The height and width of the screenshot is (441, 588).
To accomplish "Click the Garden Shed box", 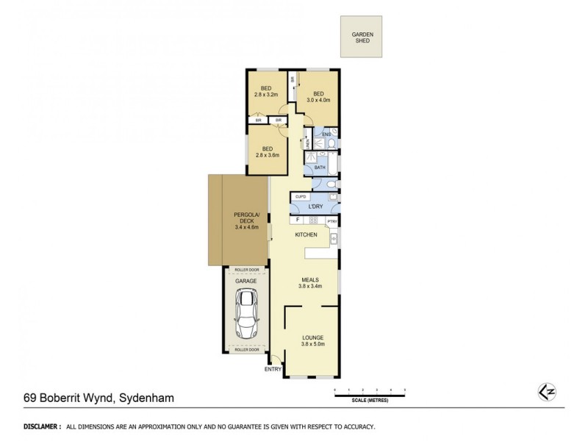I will (361, 37).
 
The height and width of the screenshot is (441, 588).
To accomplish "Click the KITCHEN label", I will (306, 234).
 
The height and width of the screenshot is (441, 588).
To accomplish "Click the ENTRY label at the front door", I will (273, 369).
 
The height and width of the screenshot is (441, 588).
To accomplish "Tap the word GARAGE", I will (245, 281).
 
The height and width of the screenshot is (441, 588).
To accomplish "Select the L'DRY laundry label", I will (316, 208).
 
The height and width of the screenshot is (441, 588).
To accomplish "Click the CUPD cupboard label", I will (301, 197).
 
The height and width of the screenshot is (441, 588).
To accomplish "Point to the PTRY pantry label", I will (331, 220).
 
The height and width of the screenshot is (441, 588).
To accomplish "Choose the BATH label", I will (320, 168).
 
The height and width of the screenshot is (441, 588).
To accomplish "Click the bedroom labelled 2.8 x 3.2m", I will (265, 91).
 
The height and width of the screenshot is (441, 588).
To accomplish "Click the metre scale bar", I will (369, 395).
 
